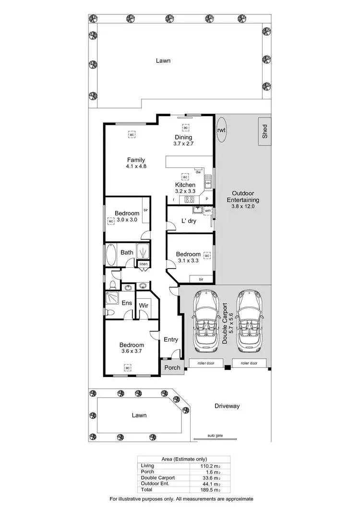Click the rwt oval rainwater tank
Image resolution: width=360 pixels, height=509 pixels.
pyautogui.click(x=221, y=130)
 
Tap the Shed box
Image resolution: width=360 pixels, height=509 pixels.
pyautogui.click(x=264, y=131)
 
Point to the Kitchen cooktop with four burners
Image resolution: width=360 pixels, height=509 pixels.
pyautogui.click(x=189, y=200)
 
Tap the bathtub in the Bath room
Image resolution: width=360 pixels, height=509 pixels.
pyautogui.click(x=110, y=255)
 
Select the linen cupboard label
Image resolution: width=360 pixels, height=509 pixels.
pyautogui.click(x=144, y=264)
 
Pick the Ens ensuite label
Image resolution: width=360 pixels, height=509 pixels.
pyautogui.click(x=127, y=303)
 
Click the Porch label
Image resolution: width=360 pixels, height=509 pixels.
pyautogui.click(x=172, y=368)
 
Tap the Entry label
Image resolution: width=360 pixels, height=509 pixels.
pyautogui.click(x=171, y=340)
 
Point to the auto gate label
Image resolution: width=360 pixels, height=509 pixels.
pyautogui.click(x=215, y=436)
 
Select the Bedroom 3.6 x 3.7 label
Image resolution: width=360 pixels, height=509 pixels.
pyautogui.click(x=132, y=348)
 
